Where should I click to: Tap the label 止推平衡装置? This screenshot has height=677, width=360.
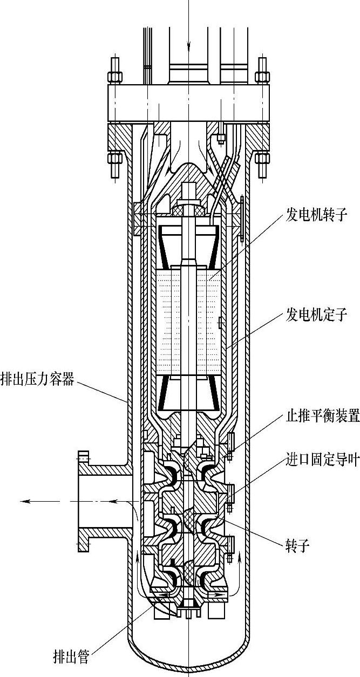tap(322, 416)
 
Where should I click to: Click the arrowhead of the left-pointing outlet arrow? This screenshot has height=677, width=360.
tap(25, 501)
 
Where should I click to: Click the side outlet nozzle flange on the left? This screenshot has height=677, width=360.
tap(83, 501)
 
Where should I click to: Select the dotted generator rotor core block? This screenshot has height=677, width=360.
tap(189, 318)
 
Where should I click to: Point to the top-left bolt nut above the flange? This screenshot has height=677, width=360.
tap(114, 76)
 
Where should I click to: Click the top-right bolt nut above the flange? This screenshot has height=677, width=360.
tap(263, 76)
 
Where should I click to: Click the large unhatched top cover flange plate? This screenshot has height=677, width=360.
tap(189, 102)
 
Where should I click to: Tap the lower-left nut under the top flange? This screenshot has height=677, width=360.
tap(114, 159)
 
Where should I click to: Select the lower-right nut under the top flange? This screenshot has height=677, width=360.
tap(263, 159)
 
